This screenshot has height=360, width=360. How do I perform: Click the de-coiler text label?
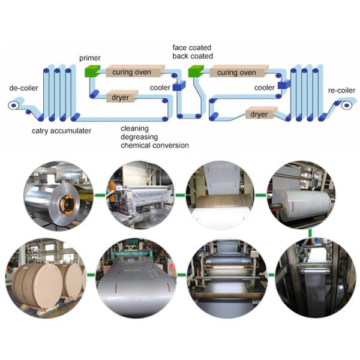coord(24,88)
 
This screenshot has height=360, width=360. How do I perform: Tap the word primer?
coord(89,58)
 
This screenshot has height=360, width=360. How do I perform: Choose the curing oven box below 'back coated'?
coord(235,73)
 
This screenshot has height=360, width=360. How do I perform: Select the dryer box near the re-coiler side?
coord(259,113)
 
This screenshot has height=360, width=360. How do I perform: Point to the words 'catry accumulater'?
coord(62,130)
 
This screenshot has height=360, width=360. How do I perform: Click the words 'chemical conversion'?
coord(154,145)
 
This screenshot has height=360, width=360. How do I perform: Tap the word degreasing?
coord(139,137)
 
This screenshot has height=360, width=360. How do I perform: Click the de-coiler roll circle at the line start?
coord(13,105)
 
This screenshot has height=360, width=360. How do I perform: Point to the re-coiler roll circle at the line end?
coord(347,106)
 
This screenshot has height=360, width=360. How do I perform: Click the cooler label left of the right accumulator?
coord(265,88)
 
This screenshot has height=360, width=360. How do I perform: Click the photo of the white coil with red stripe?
coord(302,194)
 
